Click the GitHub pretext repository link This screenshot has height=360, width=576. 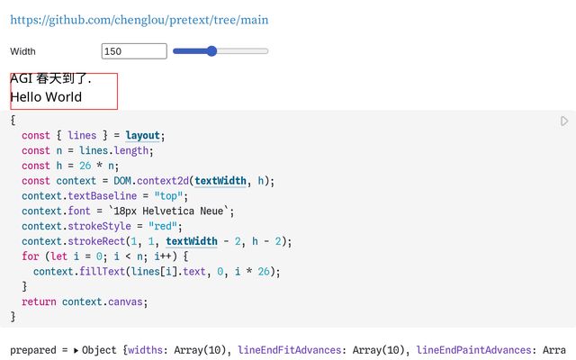(139, 20)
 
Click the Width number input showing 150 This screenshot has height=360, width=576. (134, 51)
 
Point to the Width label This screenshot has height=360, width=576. (23, 51)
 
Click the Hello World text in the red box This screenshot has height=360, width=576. (46, 97)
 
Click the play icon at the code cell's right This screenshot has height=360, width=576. (564, 121)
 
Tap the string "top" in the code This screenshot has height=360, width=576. (170, 196)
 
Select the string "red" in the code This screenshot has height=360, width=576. (166, 226)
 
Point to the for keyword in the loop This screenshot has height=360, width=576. (31, 256)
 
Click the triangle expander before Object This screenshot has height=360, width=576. (76, 350)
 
